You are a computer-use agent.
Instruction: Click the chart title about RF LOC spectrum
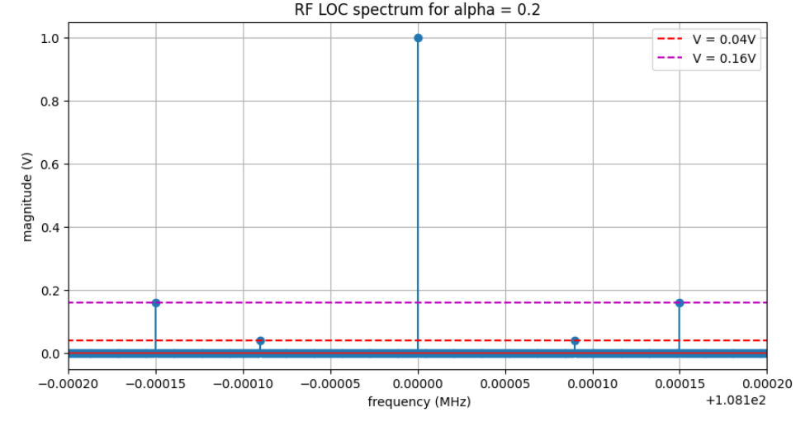(x=417, y=11)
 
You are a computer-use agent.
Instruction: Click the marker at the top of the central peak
(x=418, y=38)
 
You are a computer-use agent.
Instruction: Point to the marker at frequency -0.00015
(x=155, y=303)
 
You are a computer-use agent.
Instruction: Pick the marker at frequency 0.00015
(x=680, y=303)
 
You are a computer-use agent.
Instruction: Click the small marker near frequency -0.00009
(x=260, y=341)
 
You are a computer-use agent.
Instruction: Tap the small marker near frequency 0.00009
(x=575, y=341)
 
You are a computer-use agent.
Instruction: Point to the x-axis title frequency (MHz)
(x=419, y=402)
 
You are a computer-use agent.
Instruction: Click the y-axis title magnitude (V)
(x=27, y=196)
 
